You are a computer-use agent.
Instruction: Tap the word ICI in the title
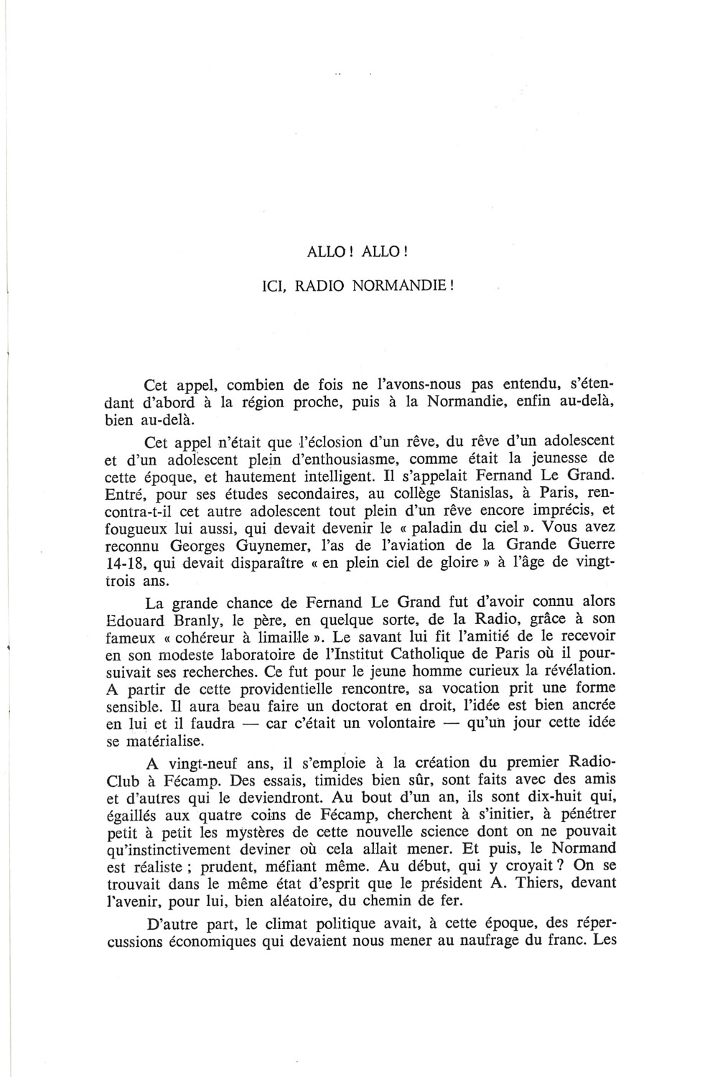[x=272, y=284]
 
